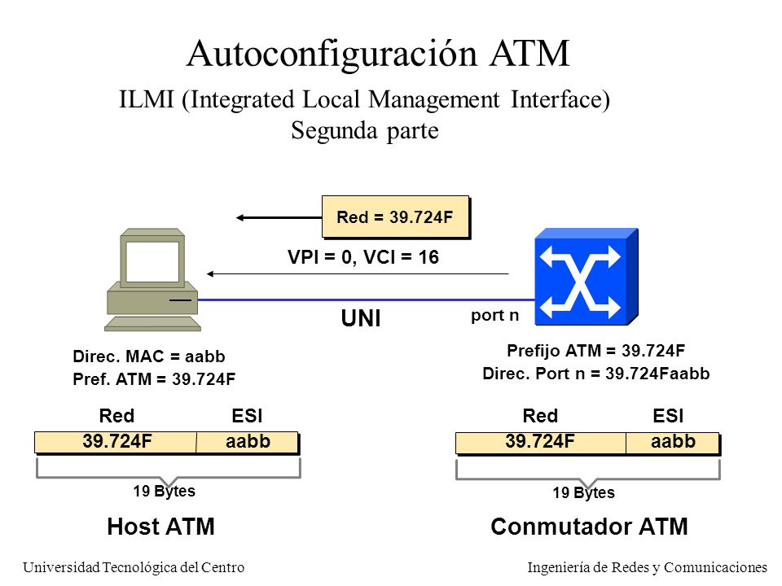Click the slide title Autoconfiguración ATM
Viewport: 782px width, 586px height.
pyautogui.click(x=378, y=54)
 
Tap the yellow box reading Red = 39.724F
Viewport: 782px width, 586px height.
pyautogui.click(x=396, y=216)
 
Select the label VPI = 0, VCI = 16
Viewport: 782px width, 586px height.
pyautogui.click(x=363, y=257)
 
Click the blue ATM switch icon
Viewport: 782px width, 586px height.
pyautogui.click(x=586, y=277)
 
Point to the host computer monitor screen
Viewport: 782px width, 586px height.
pyautogui.click(x=152, y=261)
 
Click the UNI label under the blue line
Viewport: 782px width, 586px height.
pyautogui.click(x=361, y=318)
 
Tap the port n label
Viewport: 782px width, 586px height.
pyautogui.click(x=494, y=316)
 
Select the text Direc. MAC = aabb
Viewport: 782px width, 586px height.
pyautogui.click(x=148, y=356)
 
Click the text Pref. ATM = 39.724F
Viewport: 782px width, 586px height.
pyautogui.click(x=154, y=379)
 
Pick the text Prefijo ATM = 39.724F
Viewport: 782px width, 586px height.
pyautogui.click(x=596, y=351)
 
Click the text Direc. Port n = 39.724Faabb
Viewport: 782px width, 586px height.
pyautogui.click(x=596, y=374)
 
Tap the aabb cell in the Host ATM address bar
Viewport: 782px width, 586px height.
pyautogui.click(x=248, y=442)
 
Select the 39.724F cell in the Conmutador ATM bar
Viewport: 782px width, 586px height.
pyautogui.click(x=541, y=442)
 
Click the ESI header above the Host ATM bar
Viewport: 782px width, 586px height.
pyautogui.click(x=247, y=416)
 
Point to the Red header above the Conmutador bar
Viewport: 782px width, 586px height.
pyautogui.click(x=540, y=416)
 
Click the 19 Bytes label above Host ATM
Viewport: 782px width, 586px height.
pyautogui.click(x=164, y=492)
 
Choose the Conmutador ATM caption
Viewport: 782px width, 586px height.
pyautogui.click(x=589, y=527)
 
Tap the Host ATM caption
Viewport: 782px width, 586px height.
pyautogui.click(x=160, y=527)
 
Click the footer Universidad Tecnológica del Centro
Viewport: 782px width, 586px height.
pyautogui.click(x=134, y=567)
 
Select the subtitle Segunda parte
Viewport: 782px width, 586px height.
pyautogui.click(x=365, y=130)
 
